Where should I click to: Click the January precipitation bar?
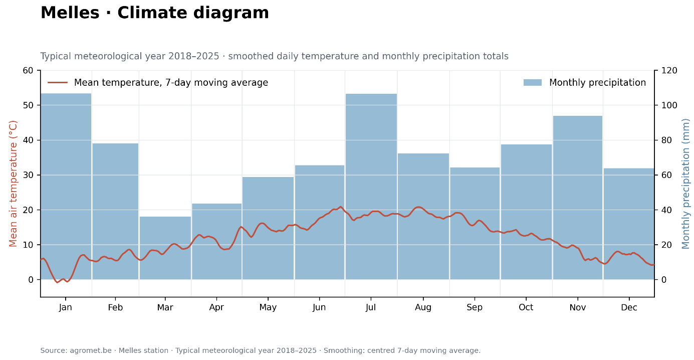[66, 187]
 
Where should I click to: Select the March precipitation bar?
[165, 248]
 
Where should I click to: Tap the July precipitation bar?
[371, 187]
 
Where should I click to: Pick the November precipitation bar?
[578, 198]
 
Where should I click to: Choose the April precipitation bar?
[217, 242]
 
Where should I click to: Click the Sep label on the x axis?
[475, 307]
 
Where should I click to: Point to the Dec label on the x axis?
[629, 307]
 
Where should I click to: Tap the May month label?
[268, 307]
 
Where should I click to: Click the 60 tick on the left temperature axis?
[28, 71]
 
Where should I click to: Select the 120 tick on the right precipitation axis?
[669, 71]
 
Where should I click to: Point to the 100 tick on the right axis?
[669, 105]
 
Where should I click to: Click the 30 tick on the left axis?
[28, 175]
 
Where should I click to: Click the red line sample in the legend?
[58, 83]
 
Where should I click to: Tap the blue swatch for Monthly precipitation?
[533, 83]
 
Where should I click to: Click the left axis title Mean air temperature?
[13, 184]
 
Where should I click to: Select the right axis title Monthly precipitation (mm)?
[686, 184]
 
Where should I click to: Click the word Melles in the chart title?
[70, 13]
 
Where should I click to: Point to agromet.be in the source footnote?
[91, 350]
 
